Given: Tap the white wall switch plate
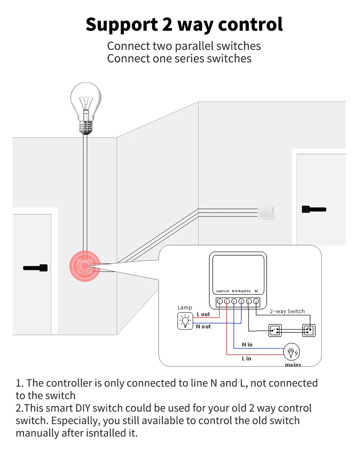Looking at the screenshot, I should click(x=266, y=211).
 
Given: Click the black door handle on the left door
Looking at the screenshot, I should click(x=36, y=268).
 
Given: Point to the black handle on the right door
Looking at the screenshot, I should click(x=314, y=209).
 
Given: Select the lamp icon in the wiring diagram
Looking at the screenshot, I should click(x=185, y=321).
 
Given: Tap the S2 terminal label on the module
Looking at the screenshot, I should click(x=256, y=291).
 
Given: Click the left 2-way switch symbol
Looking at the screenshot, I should click(x=275, y=330).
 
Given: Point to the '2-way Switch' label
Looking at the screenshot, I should click(x=287, y=311).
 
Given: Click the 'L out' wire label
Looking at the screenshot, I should click(x=203, y=314).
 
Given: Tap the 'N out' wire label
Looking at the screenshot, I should click(x=204, y=327).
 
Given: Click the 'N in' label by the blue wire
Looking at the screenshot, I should click(x=247, y=345).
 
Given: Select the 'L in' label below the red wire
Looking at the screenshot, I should click(x=246, y=358).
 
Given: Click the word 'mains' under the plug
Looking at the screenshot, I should click(x=293, y=364).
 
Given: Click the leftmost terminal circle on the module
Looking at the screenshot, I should click(x=220, y=301).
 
